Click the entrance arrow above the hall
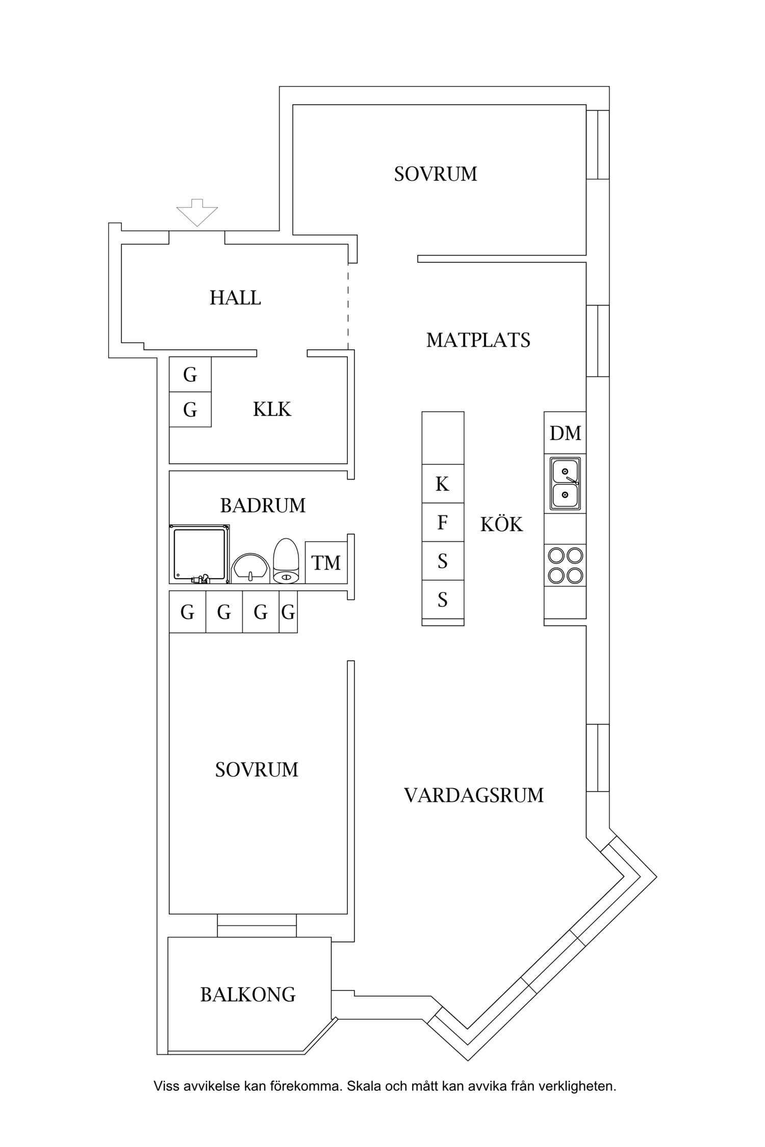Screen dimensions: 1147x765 pos(197,212)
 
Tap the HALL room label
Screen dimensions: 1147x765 pos(235,298)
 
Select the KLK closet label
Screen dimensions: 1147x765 pos(272,409)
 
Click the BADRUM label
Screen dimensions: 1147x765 pos(263,506)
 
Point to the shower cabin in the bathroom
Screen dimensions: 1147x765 pos(199,554)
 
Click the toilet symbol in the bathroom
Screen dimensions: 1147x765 pos(286,562)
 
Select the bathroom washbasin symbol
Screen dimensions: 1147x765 pos(250,568)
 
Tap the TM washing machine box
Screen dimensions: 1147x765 pos(326,563)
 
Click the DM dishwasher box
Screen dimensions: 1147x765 pos(565,433)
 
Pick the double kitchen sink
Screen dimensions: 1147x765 pos(565,483)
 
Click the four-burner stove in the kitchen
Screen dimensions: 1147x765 pos(565,565)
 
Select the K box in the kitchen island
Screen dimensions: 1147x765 pos(443,484)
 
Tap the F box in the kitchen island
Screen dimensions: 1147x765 pos(443,523)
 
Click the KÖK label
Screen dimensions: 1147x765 pos(501,525)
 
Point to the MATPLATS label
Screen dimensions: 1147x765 pos(478,340)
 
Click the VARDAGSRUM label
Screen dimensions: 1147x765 pos(474,795)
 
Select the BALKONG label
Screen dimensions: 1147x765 pos(248,995)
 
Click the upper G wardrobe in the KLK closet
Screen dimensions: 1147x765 pos(190,375)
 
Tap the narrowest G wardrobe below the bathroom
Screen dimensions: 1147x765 pos(288,612)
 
